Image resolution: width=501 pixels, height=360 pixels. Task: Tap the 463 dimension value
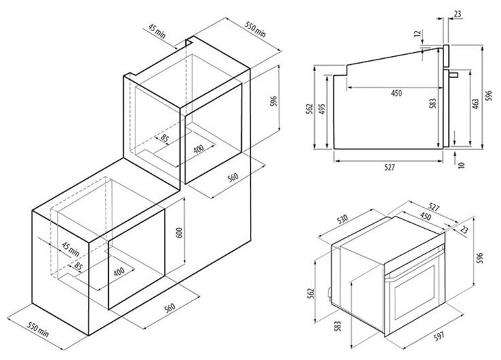click(x=475, y=103)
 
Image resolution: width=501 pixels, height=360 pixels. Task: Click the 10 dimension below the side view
click(x=461, y=165)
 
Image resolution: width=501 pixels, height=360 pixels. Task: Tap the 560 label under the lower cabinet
click(x=170, y=308)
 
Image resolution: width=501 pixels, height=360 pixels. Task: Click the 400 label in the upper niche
click(x=198, y=150)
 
